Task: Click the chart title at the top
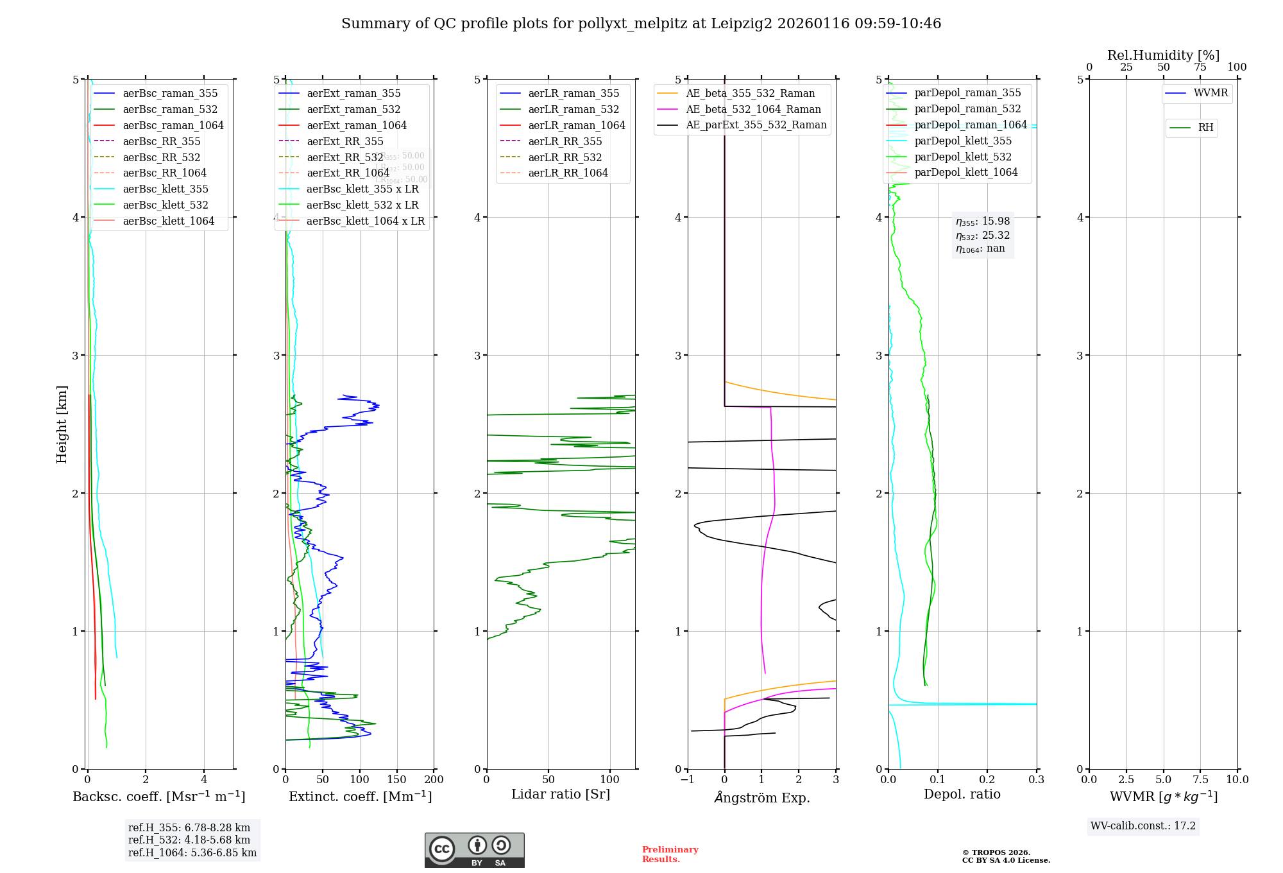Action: click(x=641, y=24)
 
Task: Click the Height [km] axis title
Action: click(x=62, y=424)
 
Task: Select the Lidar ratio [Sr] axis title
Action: click(x=560, y=794)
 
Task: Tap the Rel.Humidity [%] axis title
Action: click(x=1163, y=55)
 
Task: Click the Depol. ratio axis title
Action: click(x=962, y=794)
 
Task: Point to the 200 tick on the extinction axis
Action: click(x=434, y=779)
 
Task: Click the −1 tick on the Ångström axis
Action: click(x=688, y=779)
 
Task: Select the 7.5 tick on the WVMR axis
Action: click(x=1201, y=779)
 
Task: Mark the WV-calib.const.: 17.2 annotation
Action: click(x=1143, y=825)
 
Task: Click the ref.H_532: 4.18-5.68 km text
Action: click(x=189, y=840)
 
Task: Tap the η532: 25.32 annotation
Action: click(x=983, y=235)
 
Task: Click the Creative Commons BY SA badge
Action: click(x=474, y=850)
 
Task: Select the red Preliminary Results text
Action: click(x=670, y=854)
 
